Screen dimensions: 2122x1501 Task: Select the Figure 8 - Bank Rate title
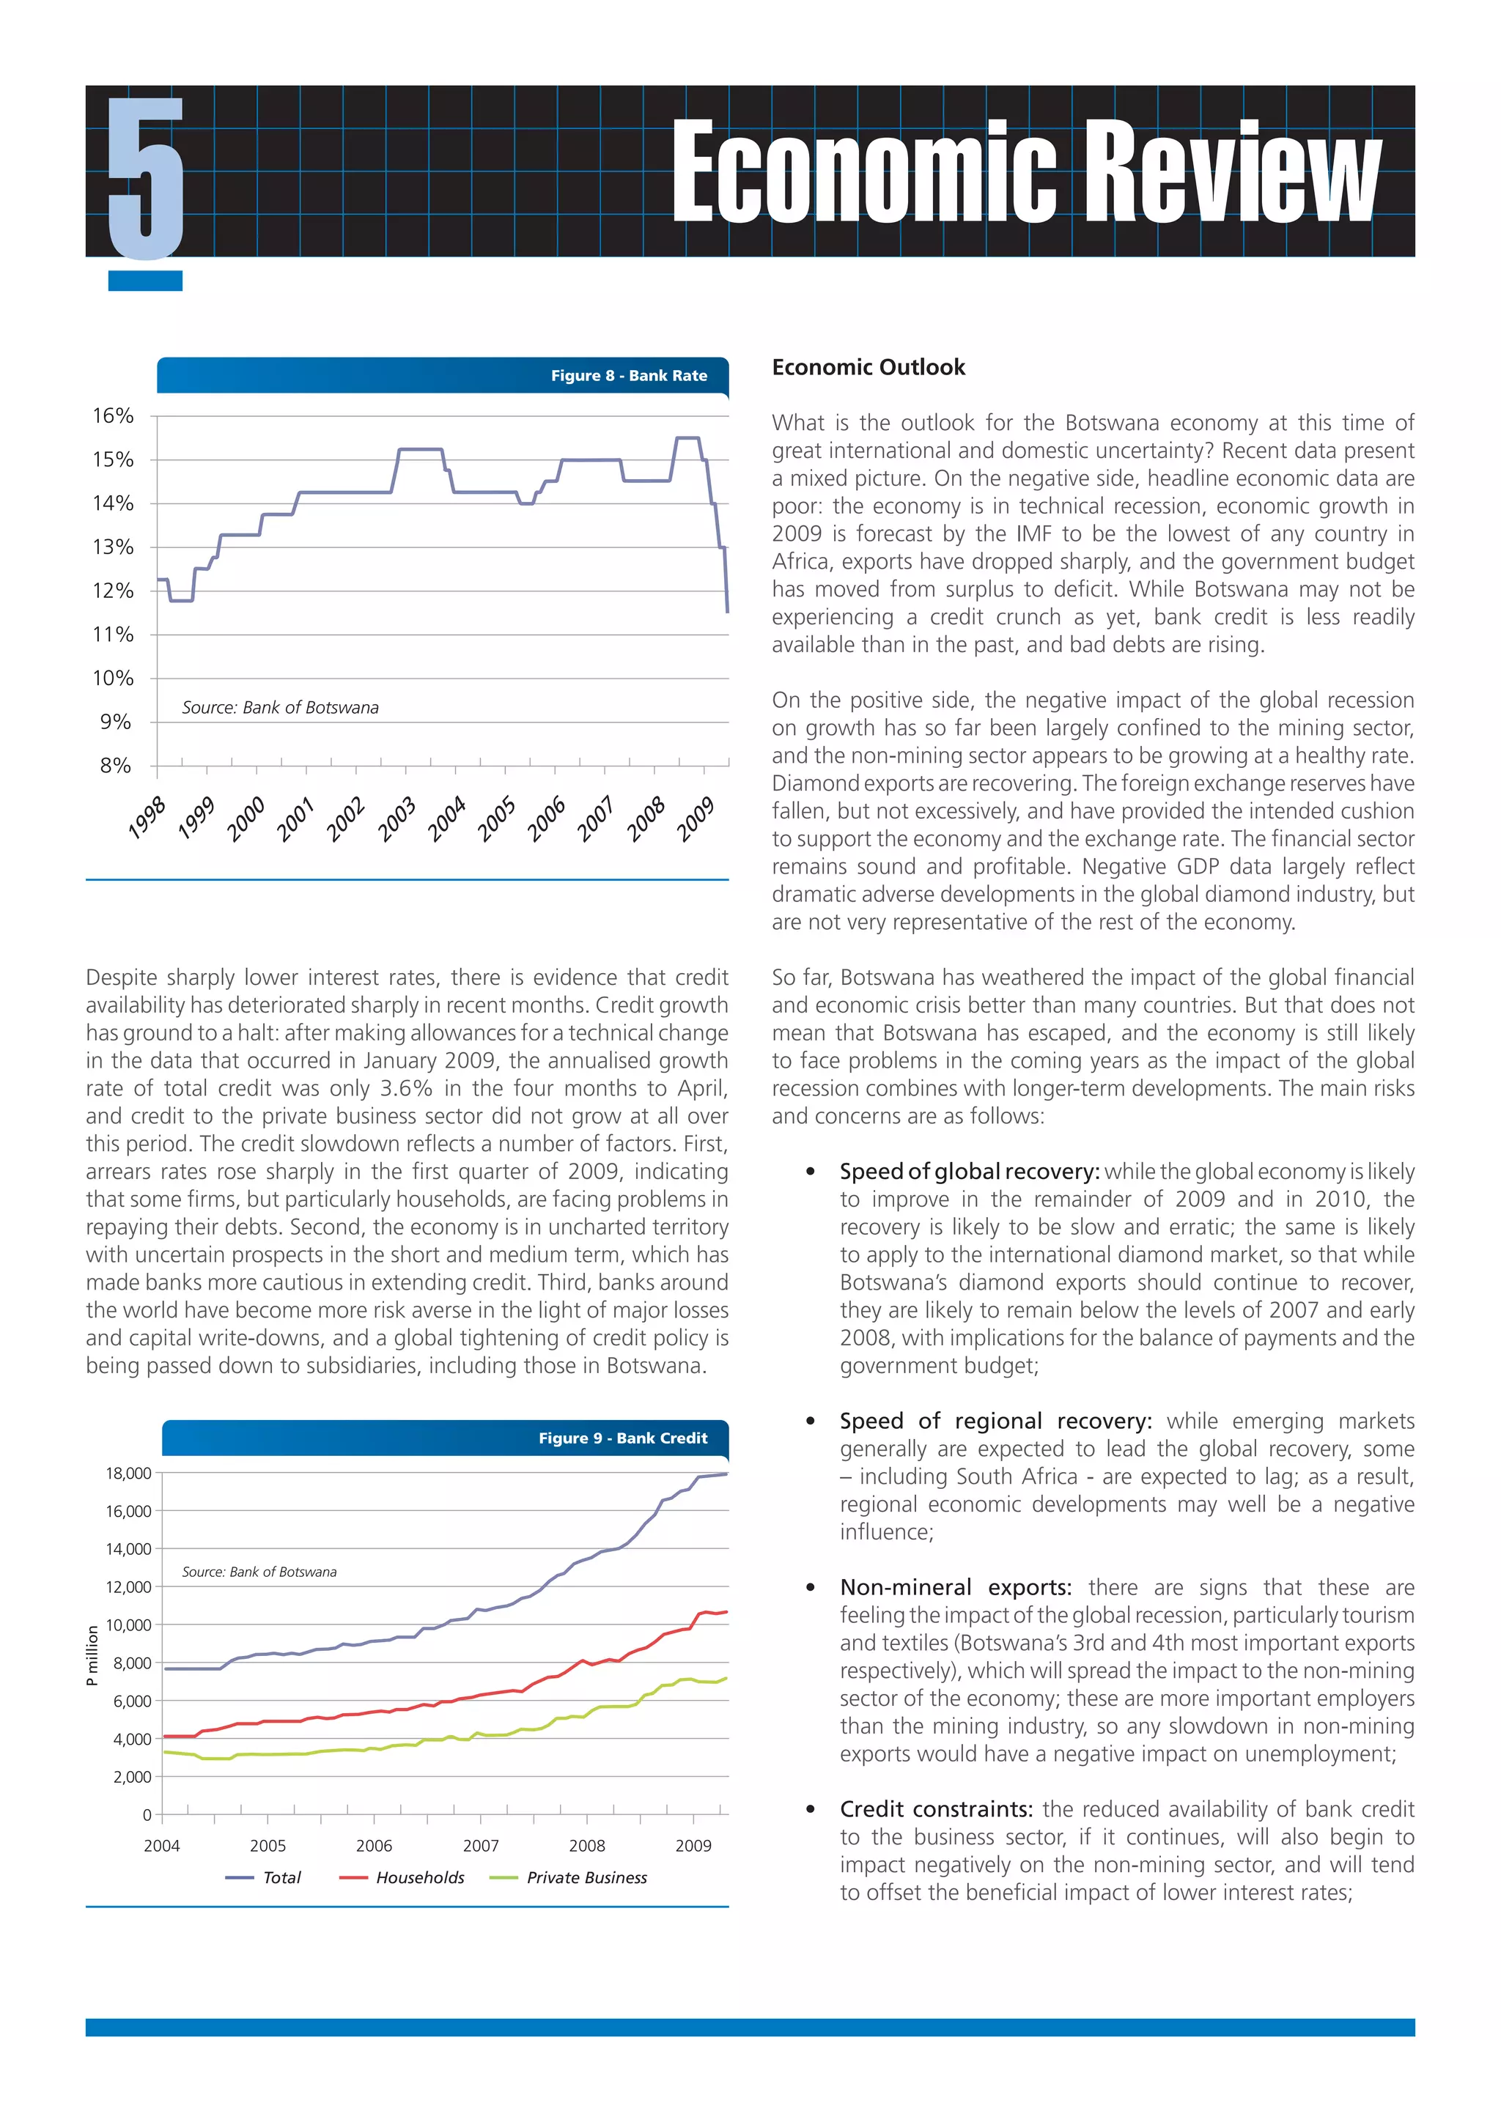click(x=629, y=375)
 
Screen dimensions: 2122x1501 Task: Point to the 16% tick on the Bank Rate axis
click(x=113, y=416)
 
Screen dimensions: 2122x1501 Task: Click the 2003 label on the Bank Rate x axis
click(x=397, y=819)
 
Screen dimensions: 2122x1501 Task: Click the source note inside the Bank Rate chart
click(x=280, y=707)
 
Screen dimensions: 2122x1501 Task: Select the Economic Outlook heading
click(x=868, y=367)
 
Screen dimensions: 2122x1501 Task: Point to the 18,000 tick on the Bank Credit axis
click(x=128, y=1474)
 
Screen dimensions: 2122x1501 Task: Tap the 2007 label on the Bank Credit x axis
click(x=481, y=1845)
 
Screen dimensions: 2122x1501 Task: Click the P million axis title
click(x=92, y=1655)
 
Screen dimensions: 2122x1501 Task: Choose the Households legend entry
click(x=420, y=1877)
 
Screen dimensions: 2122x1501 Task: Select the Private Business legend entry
click(x=586, y=1877)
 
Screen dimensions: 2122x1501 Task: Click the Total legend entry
click(x=282, y=1877)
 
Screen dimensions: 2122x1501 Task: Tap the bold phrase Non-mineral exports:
click(x=956, y=1587)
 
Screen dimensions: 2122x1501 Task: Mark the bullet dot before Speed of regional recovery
click(x=811, y=1422)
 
